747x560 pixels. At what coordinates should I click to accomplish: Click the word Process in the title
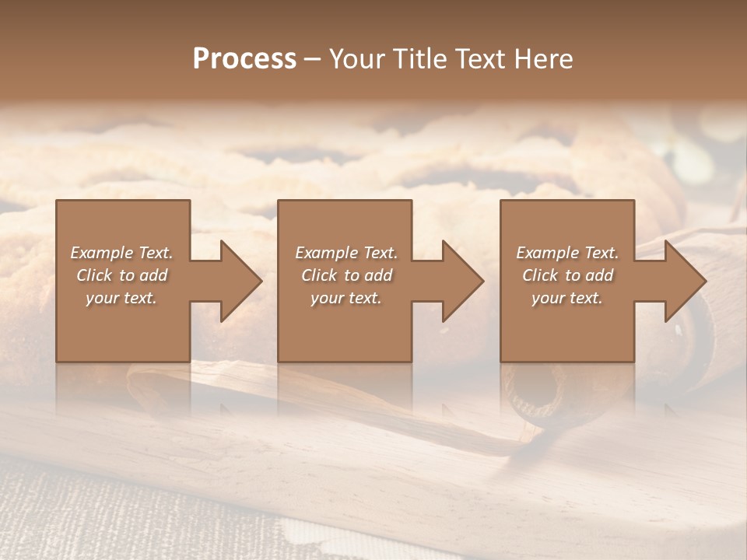[x=244, y=59]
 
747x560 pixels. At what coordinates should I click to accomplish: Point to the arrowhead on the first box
[x=237, y=281]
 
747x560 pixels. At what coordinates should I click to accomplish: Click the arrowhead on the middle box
[x=460, y=281]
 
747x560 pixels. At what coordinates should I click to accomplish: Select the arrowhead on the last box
[x=682, y=281]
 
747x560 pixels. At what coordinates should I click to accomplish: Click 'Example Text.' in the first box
[x=121, y=253]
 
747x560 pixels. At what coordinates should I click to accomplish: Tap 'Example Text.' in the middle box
[x=346, y=253]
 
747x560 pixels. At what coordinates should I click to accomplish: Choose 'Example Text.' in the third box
[x=567, y=253]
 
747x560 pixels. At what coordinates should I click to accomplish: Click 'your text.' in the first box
[x=121, y=298]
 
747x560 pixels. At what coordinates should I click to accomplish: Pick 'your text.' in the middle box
[x=346, y=298]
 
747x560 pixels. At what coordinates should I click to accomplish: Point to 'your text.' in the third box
[x=567, y=298]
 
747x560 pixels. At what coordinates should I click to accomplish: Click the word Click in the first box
[x=95, y=275]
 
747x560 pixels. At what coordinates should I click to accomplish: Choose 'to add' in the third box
[x=593, y=275]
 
